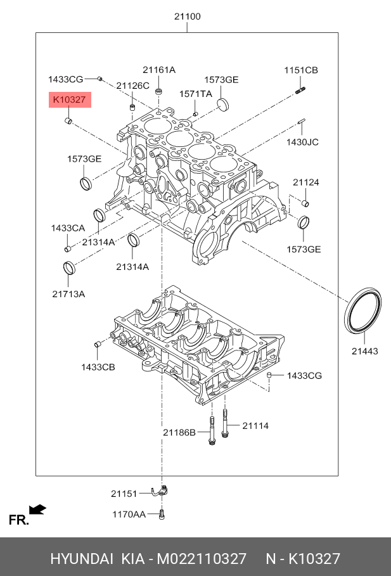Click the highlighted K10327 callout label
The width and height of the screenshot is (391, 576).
70,99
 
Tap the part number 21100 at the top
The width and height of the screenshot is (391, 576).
188,16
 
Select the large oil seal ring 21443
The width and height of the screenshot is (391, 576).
364,311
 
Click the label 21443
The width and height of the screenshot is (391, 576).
364,351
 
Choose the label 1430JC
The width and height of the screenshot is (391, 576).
302,142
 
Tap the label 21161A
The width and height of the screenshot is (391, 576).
159,70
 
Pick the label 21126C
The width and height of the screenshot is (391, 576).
132,86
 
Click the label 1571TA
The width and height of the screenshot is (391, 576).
195,94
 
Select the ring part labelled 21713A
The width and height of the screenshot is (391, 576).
69,268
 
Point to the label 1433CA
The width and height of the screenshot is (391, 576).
68,228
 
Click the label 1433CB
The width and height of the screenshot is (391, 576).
98,367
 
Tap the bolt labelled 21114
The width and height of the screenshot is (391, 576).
225,423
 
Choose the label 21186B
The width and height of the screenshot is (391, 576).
179,433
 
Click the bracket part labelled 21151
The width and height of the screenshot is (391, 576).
160,491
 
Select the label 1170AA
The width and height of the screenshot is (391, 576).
129,515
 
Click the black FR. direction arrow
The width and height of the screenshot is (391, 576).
37,509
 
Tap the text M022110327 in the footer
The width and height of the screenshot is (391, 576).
202,559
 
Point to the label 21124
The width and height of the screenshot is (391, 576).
305,182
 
